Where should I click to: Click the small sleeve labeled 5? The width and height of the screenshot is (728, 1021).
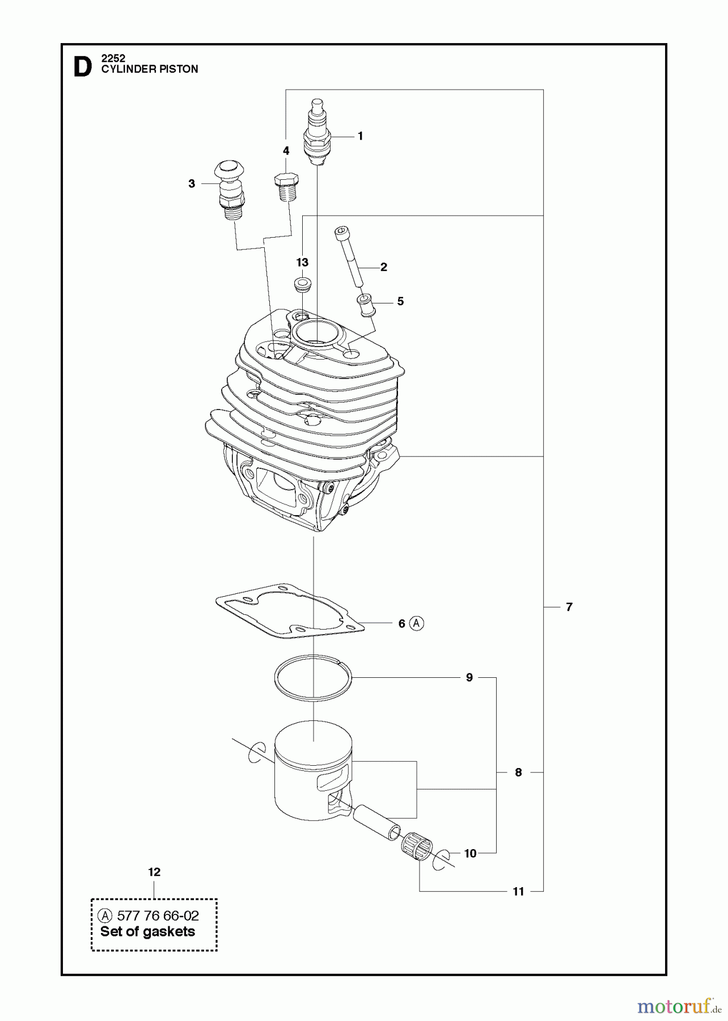[x=365, y=305]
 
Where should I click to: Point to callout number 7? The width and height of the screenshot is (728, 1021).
[x=569, y=607]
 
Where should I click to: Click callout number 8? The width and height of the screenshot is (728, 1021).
[x=518, y=772]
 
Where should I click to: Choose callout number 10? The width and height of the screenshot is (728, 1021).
[x=471, y=853]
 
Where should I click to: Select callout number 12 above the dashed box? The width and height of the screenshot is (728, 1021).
[x=154, y=872]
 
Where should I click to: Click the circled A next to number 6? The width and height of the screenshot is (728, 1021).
[x=417, y=623]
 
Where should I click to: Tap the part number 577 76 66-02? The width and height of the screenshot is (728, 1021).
[x=158, y=915]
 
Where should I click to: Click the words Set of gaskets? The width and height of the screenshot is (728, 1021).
[x=147, y=931]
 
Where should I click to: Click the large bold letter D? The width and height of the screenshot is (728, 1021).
[x=83, y=67]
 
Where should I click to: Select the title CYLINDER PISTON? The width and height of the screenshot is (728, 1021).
[x=150, y=69]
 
